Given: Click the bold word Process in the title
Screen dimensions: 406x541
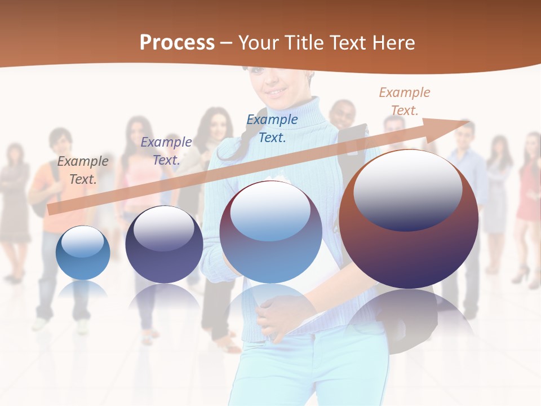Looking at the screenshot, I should tap(177, 42).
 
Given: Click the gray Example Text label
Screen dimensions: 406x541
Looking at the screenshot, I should tap(83, 170).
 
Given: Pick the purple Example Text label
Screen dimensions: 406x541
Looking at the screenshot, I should tap(166, 151).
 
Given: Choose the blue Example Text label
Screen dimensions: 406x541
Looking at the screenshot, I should tap(272, 128).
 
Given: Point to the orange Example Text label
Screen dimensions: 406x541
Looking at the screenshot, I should tap(404, 101).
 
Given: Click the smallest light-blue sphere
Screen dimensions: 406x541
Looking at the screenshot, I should tap(83, 254).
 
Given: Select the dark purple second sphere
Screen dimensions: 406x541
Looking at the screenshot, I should tap(164, 248).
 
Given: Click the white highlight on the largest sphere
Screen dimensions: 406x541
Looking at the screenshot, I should tap(407, 189).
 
